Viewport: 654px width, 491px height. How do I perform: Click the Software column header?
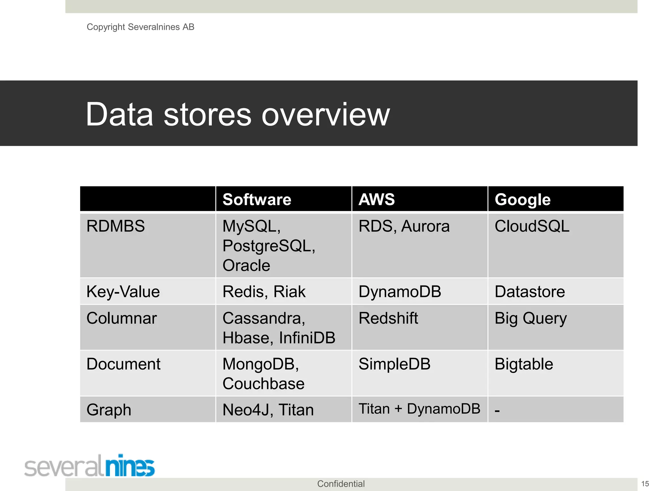257,199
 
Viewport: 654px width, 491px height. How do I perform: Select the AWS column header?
376,199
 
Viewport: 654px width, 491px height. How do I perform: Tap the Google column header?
522,199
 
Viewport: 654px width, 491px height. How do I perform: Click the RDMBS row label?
116,226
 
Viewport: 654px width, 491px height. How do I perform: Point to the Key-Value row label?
123,292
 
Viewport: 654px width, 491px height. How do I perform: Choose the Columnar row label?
122,318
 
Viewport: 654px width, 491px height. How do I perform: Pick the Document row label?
123,364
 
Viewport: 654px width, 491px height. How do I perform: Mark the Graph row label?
109,410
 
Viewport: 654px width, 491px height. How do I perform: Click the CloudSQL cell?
532,226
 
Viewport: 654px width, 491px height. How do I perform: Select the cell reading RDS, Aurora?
404,226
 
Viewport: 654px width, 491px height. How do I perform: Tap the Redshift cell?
388,318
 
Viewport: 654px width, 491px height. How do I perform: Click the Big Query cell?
530,318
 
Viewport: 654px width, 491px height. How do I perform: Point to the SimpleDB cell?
394,364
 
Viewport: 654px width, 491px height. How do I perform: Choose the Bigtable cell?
524,364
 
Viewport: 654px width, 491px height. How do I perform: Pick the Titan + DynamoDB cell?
419,409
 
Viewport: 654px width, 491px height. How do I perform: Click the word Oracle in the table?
246,266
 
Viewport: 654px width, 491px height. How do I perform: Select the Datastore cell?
530,292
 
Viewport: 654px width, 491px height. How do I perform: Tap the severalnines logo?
89,466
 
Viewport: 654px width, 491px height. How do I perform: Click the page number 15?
645,484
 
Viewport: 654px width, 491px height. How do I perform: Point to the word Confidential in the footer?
341,484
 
